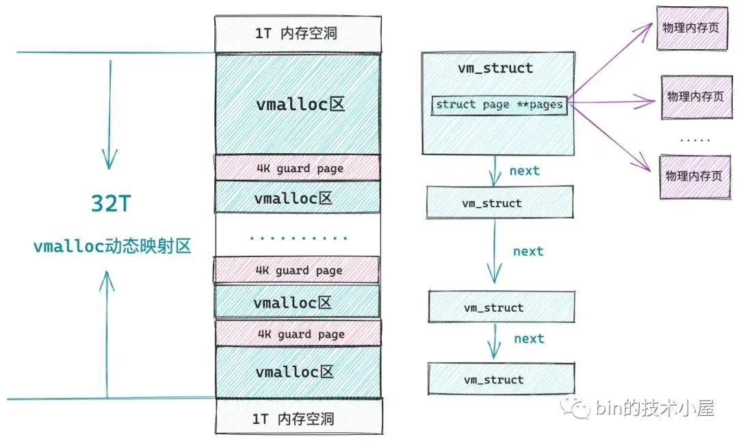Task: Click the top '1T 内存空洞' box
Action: pos(297,33)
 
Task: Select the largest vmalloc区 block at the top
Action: pos(298,104)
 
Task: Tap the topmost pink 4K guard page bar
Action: pos(298,168)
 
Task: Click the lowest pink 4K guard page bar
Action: pos(299,334)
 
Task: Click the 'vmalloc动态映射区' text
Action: pos(112,246)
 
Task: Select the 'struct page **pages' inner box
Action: pos(499,105)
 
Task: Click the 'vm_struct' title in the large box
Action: pos(495,68)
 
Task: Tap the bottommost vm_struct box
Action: pos(501,379)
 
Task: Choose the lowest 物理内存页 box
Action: pos(693,176)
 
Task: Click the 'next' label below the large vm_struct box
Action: pos(524,171)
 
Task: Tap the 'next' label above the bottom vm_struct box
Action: pos(529,338)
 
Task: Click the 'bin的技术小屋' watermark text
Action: pos(654,409)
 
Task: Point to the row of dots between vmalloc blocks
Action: pos(298,239)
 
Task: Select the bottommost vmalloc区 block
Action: pos(298,372)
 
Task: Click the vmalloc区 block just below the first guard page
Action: pos(298,198)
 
